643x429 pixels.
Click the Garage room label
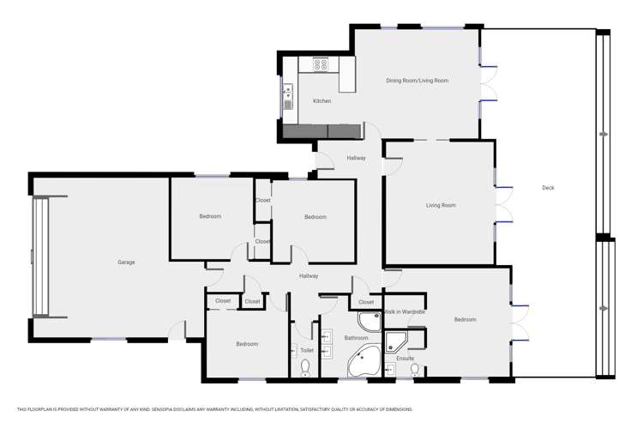point(126,262)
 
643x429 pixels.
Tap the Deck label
point(549,188)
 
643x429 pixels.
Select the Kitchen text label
point(321,101)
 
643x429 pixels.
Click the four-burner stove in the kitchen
point(321,63)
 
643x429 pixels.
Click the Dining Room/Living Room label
point(418,81)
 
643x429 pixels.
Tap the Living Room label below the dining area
point(441,205)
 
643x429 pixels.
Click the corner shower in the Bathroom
point(370,322)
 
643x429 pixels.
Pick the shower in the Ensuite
point(397,342)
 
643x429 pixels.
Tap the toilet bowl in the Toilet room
point(305,367)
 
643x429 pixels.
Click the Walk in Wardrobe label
point(404,312)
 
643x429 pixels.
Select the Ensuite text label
point(405,359)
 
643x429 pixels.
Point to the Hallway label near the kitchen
point(356,158)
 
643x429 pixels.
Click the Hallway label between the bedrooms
point(309,275)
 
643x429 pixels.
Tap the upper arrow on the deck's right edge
point(605,135)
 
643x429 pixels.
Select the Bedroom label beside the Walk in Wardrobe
point(465,319)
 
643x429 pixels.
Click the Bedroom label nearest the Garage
point(210,216)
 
